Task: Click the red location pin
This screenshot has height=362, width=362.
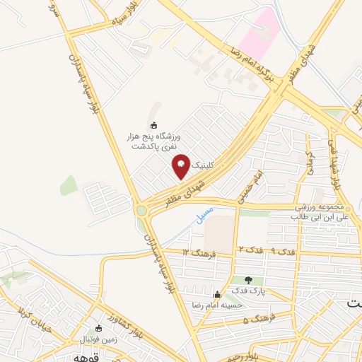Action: coord(181,165)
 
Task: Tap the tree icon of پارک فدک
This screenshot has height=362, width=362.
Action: coord(248,281)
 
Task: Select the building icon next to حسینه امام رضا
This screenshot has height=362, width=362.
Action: coord(216,294)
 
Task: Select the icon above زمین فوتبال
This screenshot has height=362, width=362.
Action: coord(99,328)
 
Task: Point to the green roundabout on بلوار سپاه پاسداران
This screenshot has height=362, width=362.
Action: coord(142,210)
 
